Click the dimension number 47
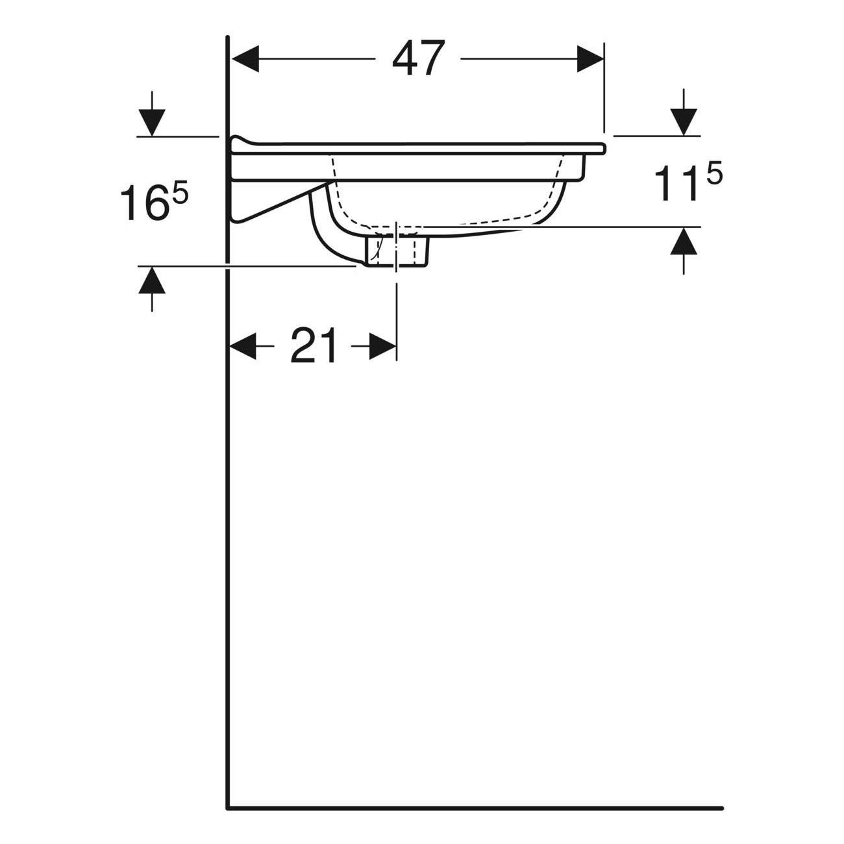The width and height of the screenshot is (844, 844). [x=418, y=58]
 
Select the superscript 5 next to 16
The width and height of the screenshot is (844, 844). [x=180, y=193]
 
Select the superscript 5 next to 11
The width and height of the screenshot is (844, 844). [x=713, y=173]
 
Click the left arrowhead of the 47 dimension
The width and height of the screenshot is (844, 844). [x=245, y=58]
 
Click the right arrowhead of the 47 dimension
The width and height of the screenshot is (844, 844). [x=590, y=58]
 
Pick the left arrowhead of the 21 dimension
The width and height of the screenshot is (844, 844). [x=243, y=346]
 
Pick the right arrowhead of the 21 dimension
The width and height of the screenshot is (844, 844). [x=383, y=346]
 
